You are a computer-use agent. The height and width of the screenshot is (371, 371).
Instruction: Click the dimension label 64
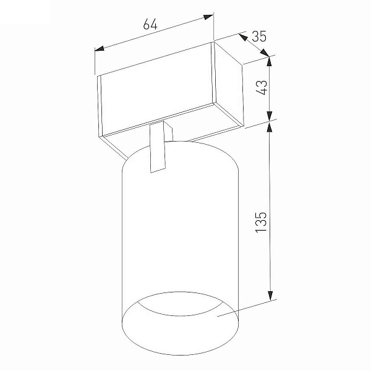click(x=150, y=24)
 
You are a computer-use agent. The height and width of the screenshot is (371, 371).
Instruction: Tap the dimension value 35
click(x=259, y=36)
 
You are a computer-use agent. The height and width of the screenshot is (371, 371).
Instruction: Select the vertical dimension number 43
click(x=262, y=87)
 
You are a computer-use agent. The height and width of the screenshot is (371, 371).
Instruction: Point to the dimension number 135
click(x=261, y=222)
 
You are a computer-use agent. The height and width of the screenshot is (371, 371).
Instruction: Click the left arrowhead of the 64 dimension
click(x=100, y=48)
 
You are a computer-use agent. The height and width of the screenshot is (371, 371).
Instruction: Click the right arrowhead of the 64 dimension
click(x=208, y=17)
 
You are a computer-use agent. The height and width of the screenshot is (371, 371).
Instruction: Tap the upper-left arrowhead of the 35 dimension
click(x=243, y=37)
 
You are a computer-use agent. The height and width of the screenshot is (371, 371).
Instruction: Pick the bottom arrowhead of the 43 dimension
click(x=270, y=117)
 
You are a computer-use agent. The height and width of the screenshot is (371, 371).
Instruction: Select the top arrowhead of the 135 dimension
click(x=270, y=126)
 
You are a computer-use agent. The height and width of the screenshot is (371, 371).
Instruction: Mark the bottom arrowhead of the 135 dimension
click(x=270, y=296)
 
